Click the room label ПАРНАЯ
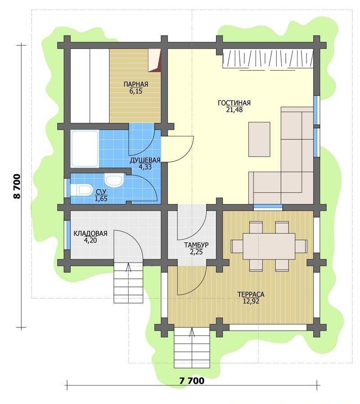(136, 84)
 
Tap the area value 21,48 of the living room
(234, 110)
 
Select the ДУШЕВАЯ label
(145, 160)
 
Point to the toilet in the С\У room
(81, 190)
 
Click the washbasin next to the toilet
(114, 180)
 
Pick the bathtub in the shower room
(85, 149)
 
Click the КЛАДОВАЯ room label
(90, 233)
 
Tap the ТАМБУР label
(196, 245)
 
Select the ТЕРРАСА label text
(251, 295)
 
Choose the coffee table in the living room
(259, 139)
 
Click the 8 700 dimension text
(17, 186)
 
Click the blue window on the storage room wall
(68, 235)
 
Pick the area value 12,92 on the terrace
(251, 301)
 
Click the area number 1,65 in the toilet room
(101, 199)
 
